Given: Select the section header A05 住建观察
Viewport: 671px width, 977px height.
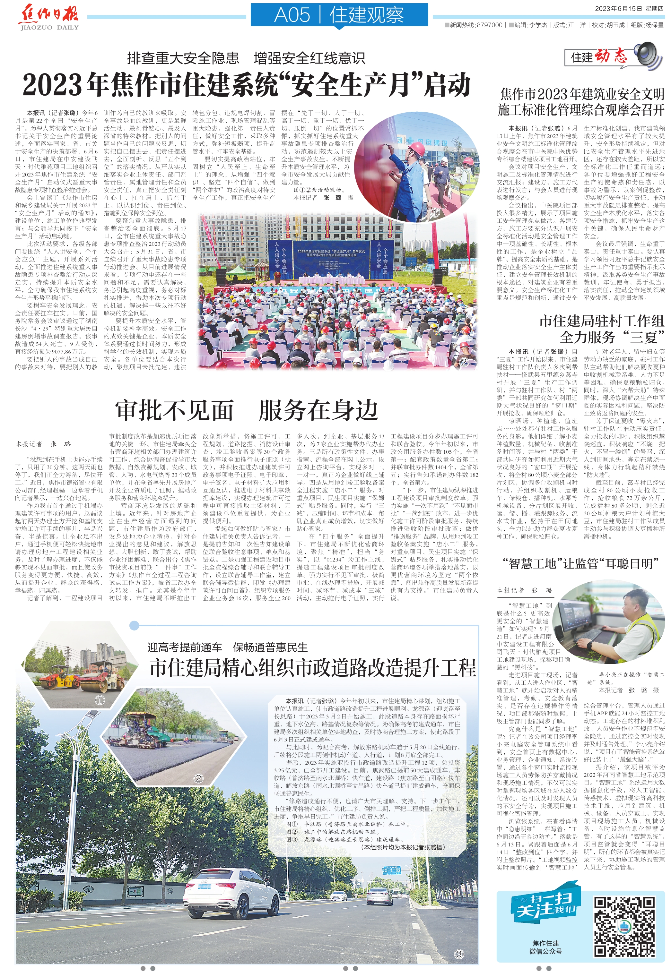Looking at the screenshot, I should [x=339, y=15].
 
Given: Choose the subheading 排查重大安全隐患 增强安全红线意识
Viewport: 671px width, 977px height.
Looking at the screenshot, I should [x=246, y=58].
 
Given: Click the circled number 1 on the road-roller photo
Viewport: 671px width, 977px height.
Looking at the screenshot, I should [x=100, y=700].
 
